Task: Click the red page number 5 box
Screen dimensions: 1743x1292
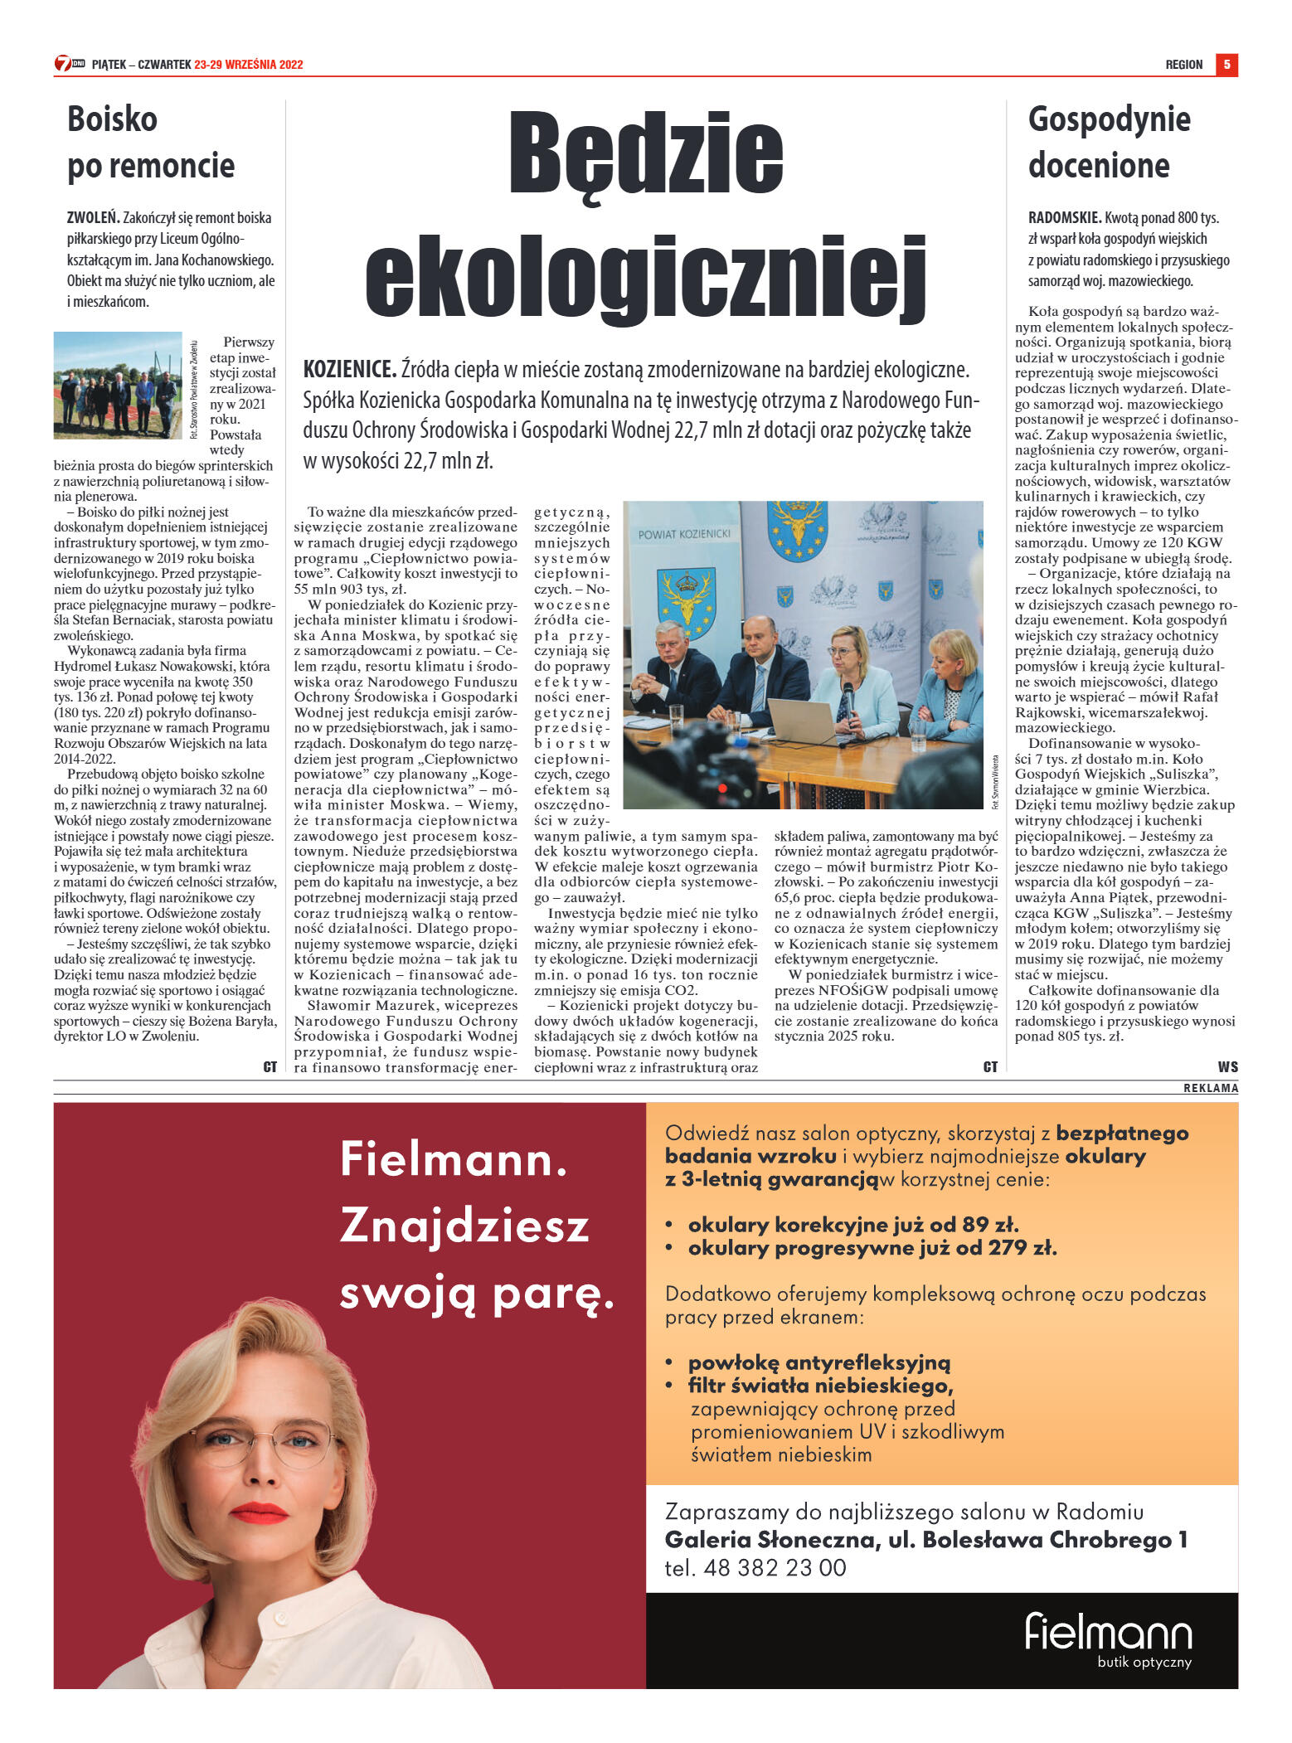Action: [1226, 64]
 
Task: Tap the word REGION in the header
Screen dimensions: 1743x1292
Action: [1183, 65]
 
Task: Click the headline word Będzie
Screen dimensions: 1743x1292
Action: [645, 155]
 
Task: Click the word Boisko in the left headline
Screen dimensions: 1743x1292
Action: [112, 119]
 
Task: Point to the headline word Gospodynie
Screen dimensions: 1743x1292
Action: [1109, 119]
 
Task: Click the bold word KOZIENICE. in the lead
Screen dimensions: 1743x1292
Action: [349, 369]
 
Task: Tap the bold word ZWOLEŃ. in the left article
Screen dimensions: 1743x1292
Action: [93, 218]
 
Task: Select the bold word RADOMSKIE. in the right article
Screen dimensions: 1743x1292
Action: [1064, 218]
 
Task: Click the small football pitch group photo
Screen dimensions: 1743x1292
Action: [118, 385]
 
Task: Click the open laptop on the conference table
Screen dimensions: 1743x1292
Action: [800, 720]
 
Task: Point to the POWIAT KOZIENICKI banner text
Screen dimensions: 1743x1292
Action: [683, 534]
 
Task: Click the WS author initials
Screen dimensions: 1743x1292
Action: [1227, 1066]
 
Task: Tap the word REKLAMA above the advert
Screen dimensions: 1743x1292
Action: [1210, 1088]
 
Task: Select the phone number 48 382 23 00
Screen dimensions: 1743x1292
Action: [775, 1568]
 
